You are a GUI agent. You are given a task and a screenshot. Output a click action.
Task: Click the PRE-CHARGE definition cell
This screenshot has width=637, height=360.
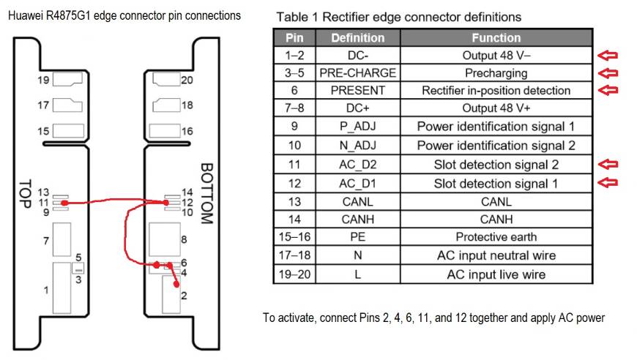[357, 73]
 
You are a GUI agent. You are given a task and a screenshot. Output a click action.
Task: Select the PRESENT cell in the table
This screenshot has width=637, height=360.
[357, 91]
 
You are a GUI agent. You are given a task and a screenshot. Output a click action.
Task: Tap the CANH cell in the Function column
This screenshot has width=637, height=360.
[496, 219]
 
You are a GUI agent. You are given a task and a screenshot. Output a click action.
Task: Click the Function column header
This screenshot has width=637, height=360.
[496, 37]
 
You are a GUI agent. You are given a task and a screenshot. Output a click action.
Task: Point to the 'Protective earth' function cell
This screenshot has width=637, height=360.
[496, 237]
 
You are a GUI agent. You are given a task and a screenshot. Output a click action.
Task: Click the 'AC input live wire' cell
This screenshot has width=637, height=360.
[496, 274]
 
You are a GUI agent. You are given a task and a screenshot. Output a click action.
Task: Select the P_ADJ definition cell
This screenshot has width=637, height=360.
[357, 127]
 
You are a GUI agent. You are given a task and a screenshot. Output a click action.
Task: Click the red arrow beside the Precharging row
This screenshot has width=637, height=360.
[608, 72]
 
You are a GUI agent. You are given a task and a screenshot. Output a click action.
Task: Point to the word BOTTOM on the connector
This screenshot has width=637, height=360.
[206, 193]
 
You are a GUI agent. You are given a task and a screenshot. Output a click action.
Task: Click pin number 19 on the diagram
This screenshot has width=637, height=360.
[42, 80]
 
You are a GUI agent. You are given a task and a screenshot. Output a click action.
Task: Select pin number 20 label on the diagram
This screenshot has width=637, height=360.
[187, 80]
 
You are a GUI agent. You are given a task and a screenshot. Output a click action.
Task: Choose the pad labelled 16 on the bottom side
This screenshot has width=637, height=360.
[165, 131]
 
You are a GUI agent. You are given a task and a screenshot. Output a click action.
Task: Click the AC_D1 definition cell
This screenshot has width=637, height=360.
[357, 183]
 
